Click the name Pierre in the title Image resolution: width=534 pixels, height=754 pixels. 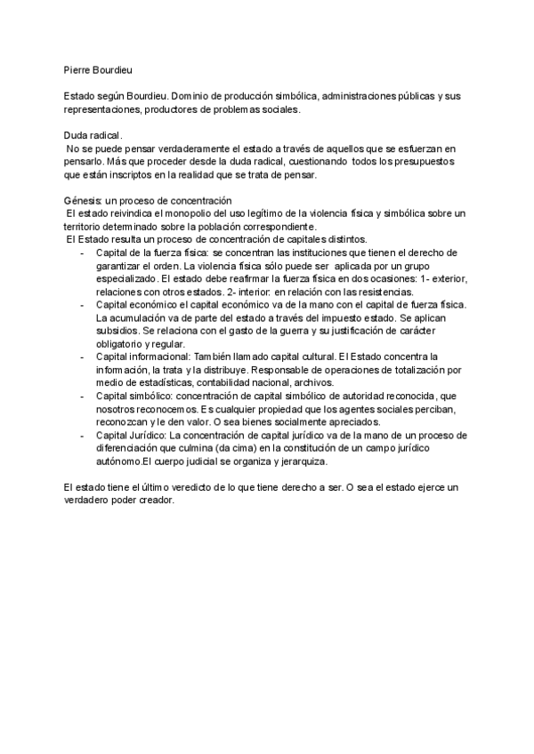[x=78, y=68]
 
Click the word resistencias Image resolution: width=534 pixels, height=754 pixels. [x=382, y=292]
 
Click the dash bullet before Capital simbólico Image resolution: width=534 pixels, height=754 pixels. [x=82, y=396]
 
